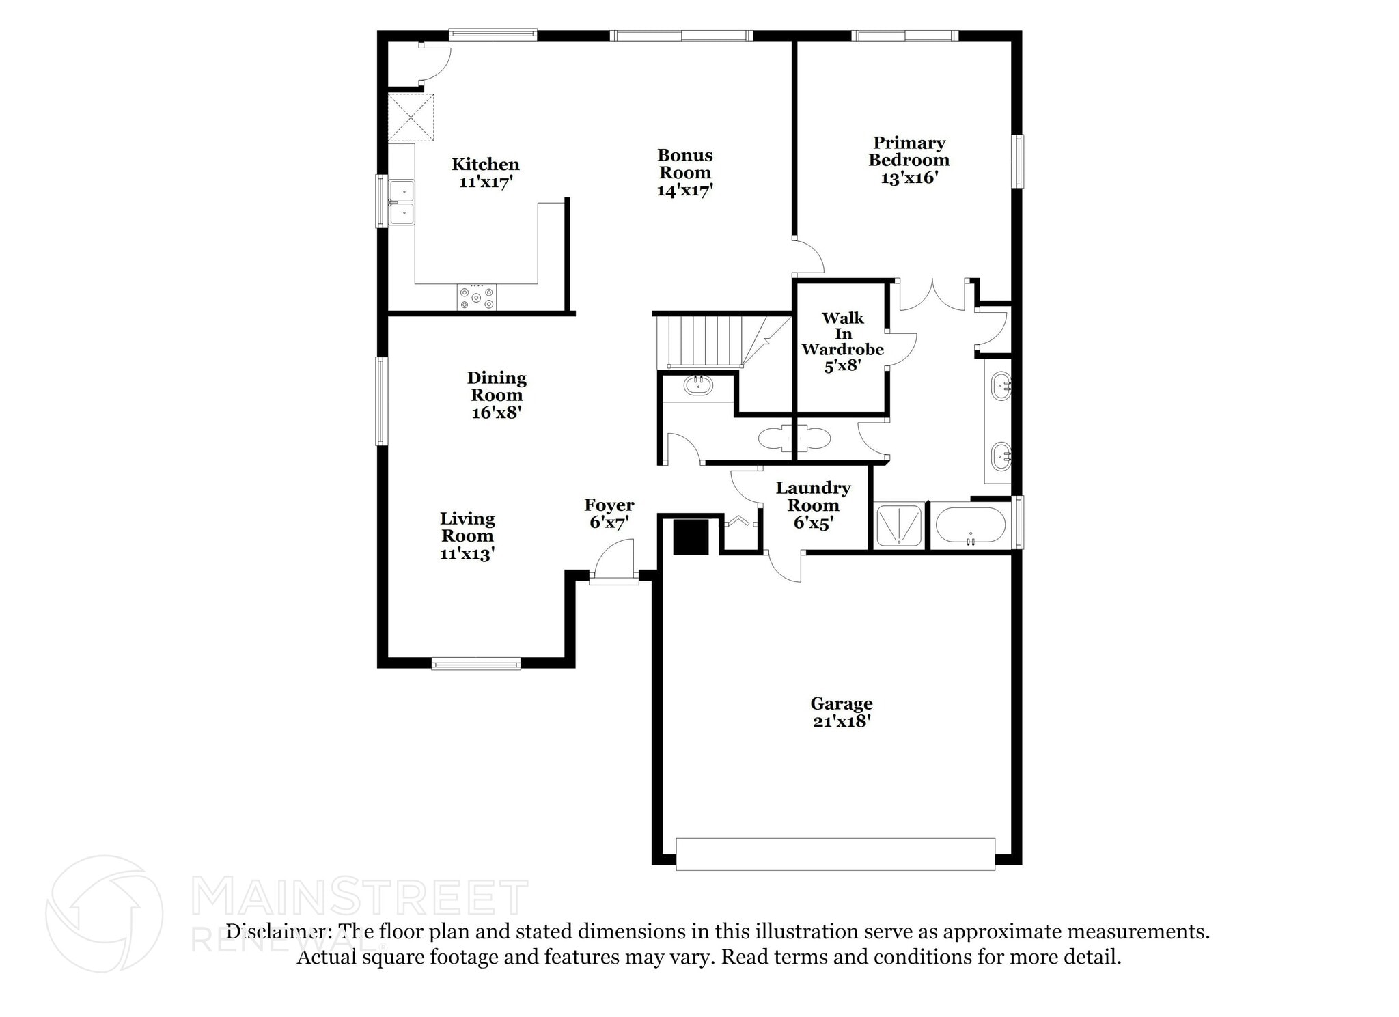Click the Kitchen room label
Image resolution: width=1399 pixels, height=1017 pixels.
click(x=485, y=164)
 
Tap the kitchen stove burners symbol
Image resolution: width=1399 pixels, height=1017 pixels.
click(x=477, y=298)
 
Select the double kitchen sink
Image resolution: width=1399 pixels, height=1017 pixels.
click(x=402, y=202)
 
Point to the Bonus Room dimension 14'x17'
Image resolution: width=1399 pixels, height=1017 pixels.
click(x=684, y=191)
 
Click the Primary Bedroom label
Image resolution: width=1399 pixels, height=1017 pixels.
click(x=909, y=152)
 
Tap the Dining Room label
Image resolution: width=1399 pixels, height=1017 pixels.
click(x=497, y=387)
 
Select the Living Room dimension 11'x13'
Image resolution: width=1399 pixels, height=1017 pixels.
click(x=467, y=554)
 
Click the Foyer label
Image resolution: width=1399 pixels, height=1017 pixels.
click(x=609, y=505)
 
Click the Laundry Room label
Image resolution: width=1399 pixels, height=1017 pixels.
click(x=813, y=497)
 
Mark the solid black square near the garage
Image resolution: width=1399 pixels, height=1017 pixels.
click(x=691, y=537)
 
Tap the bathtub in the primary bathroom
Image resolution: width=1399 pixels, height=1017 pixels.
click(x=970, y=525)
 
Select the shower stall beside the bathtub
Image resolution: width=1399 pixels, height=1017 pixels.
click(x=898, y=525)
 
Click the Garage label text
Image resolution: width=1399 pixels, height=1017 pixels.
click(x=842, y=703)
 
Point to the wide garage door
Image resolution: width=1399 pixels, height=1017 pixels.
click(x=835, y=854)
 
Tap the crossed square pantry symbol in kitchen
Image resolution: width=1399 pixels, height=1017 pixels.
click(x=411, y=118)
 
